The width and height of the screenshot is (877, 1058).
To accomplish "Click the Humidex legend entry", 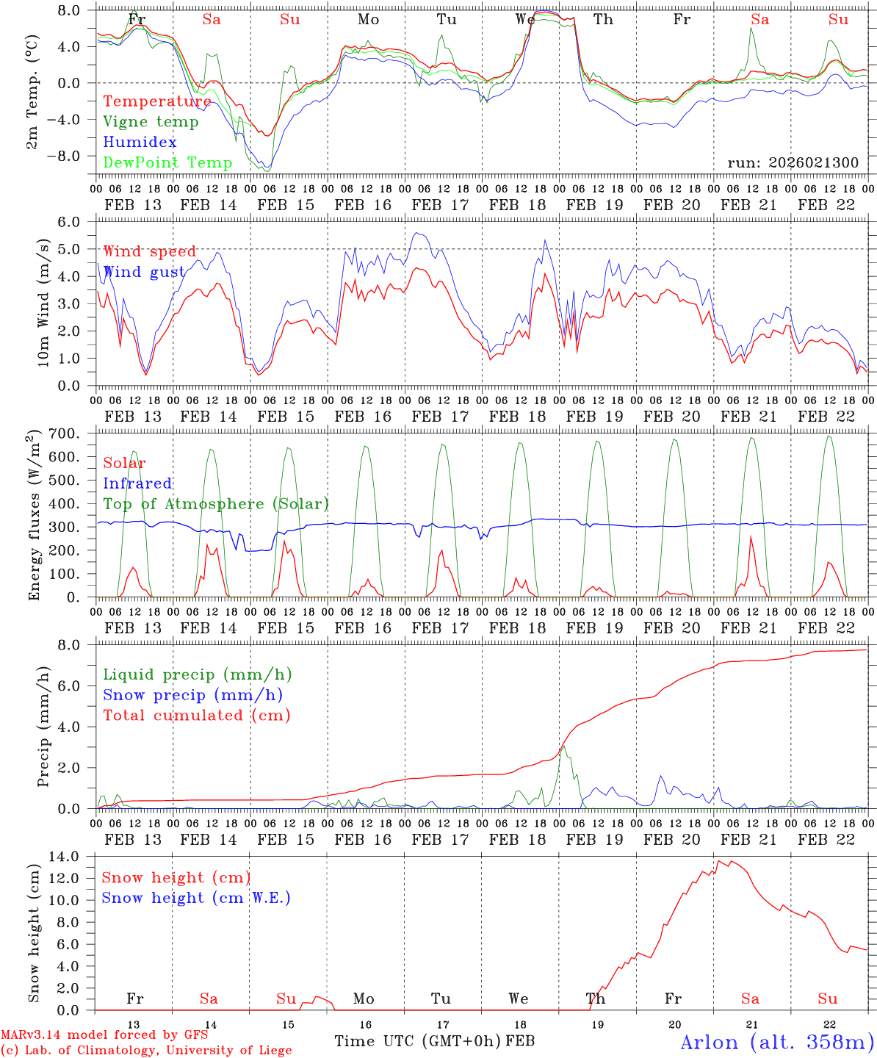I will tap(140, 143).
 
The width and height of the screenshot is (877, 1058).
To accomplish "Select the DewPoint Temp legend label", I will tap(167, 162).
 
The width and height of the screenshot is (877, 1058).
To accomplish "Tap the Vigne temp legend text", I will tap(151, 122).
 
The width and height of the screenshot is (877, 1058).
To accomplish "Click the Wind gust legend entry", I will tap(144, 272).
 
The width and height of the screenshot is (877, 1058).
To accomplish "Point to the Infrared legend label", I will tap(137, 483).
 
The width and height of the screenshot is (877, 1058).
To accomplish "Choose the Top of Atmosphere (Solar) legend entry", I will tap(215, 504).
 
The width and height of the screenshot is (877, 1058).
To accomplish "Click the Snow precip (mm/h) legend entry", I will tap(192, 695).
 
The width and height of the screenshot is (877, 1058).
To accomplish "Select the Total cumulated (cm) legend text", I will tap(196, 715).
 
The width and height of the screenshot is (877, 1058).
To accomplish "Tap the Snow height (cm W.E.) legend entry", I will tap(195, 898).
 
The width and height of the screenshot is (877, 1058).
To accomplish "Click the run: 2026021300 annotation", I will tap(793, 162).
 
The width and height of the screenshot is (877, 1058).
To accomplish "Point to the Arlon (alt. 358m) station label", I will tap(777, 1042).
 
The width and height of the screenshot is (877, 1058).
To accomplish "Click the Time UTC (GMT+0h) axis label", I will tap(417, 1041).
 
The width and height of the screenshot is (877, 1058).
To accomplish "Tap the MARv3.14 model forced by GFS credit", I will tap(104, 1035).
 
